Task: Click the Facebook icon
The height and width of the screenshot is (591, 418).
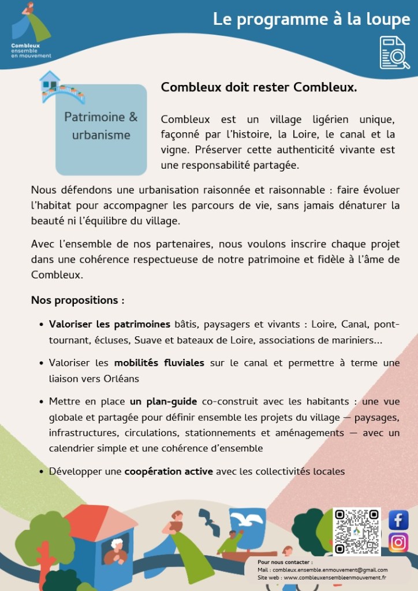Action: click(x=398, y=519)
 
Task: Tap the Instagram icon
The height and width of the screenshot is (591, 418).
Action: click(x=398, y=542)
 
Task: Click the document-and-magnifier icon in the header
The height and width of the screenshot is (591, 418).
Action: click(x=394, y=53)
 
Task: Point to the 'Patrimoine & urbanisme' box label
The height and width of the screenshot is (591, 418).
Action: click(x=101, y=126)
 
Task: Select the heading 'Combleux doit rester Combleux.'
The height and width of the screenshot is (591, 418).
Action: click(x=259, y=87)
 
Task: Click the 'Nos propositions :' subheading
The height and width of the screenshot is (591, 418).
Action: click(x=77, y=300)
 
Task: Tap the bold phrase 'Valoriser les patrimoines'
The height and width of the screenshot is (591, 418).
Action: click(x=110, y=324)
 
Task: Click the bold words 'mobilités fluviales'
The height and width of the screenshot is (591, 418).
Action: click(x=159, y=363)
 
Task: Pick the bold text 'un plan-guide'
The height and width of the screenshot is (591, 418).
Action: click(x=163, y=402)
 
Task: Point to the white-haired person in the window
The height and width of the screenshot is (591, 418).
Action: click(x=117, y=549)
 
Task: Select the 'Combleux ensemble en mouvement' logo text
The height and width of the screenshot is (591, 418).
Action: click(x=31, y=50)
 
